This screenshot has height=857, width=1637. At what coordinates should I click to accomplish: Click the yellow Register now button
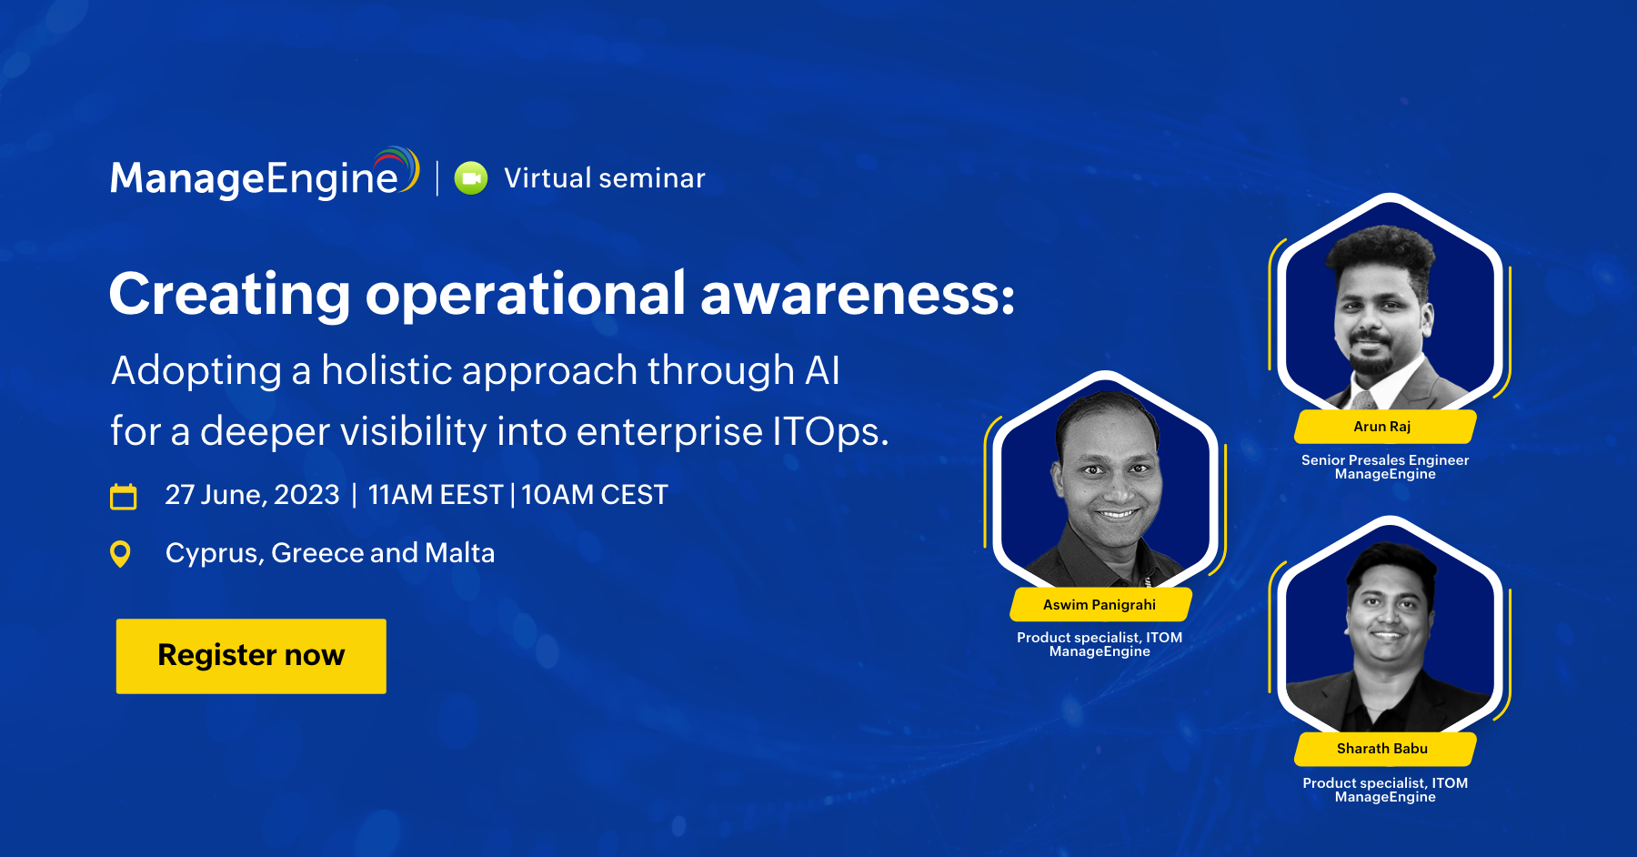pos(251,656)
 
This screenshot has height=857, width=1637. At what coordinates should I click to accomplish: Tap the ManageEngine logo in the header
pos(265,174)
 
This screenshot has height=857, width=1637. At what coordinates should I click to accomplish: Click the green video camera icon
pos(471,178)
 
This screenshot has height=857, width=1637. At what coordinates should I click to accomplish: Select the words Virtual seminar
pos(605,178)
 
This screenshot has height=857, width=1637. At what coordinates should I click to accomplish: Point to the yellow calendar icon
pos(124,496)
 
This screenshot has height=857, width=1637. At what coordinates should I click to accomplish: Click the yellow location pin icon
pos(120,554)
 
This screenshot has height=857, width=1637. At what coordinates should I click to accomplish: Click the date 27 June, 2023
pos(252,495)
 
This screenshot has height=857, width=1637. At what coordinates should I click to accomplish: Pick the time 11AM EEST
pos(435,495)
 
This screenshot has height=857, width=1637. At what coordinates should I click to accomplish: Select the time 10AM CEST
pos(595,495)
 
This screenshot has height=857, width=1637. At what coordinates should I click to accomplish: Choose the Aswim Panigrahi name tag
pos(1100,605)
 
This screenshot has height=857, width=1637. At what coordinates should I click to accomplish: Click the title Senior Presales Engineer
pos(1385,460)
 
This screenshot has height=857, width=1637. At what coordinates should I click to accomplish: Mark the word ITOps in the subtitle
pos(830,432)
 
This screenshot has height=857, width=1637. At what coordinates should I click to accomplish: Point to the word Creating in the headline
pos(230,297)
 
